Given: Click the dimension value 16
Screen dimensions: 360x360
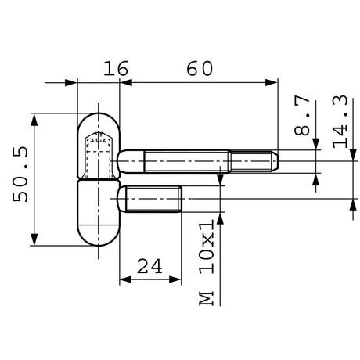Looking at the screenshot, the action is tap(116, 69).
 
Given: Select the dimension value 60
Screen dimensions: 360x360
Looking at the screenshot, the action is tap(200, 69).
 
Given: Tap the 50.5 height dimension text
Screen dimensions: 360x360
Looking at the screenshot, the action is tap(20, 175).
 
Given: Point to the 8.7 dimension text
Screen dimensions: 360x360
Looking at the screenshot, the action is tap(302, 115).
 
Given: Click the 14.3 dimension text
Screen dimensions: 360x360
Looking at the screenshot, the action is tap(340, 122).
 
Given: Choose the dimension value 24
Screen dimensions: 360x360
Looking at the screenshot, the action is tap(149, 266).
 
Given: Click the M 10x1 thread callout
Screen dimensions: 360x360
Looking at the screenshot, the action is tap(207, 262).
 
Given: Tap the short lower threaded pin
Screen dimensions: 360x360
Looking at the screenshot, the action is tap(150, 199).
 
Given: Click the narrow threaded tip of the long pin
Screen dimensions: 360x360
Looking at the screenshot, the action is tap(254, 161).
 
